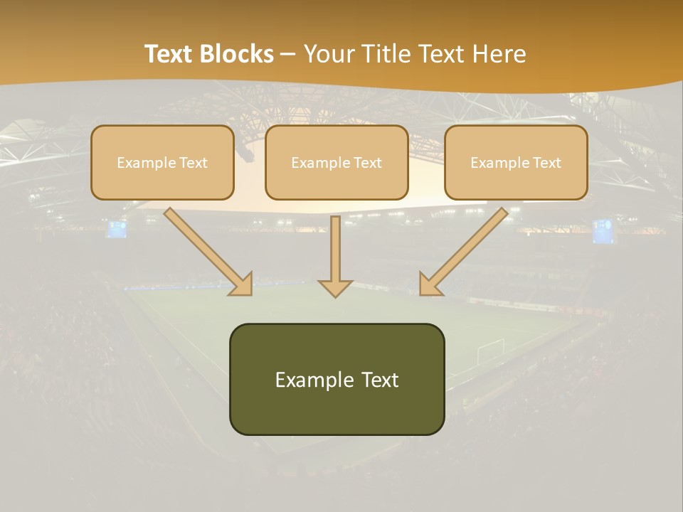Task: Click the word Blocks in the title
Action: point(238,54)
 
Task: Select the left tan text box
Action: point(162,162)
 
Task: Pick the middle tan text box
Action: point(337,162)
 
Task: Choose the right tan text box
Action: point(516,162)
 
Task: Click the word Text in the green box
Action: point(380,380)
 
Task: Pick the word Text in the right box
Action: point(546,163)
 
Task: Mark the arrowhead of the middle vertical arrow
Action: point(336,288)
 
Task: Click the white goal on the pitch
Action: point(490,349)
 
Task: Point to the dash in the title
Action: point(288,55)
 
